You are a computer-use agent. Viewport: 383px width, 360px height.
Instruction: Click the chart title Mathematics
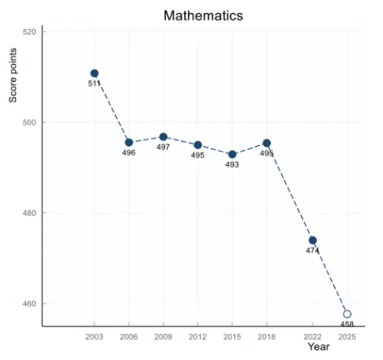pyautogui.click(x=203, y=16)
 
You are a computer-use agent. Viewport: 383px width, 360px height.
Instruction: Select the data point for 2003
pyautogui.click(x=95, y=73)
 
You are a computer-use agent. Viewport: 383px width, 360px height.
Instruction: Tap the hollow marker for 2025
pyautogui.click(x=347, y=314)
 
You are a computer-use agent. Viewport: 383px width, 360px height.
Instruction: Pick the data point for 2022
pyautogui.click(x=313, y=241)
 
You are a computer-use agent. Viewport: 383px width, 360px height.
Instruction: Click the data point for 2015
pyautogui.click(x=232, y=154)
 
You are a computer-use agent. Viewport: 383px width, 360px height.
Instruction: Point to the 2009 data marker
pyautogui.click(x=163, y=137)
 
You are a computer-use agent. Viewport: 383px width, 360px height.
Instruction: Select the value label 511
pyautogui.click(x=94, y=83)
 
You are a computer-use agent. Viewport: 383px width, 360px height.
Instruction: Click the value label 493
pyautogui.click(x=232, y=164)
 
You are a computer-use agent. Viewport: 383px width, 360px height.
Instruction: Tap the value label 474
pyautogui.click(x=313, y=251)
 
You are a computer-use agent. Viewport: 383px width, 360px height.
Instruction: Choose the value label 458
pyautogui.click(x=347, y=324)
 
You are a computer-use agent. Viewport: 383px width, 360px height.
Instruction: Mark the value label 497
pyautogui.click(x=163, y=147)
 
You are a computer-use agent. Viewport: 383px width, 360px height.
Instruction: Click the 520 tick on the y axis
pyautogui.click(x=29, y=32)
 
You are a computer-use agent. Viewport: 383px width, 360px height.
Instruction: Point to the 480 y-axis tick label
pyautogui.click(x=29, y=213)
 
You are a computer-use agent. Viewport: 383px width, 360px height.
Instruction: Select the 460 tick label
pyautogui.click(x=29, y=304)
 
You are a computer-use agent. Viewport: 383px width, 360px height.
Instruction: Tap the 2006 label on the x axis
pyautogui.click(x=128, y=337)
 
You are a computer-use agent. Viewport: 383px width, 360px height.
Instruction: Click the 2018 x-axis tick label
pyautogui.click(x=267, y=337)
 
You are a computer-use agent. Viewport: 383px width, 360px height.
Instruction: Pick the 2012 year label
pyautogui.click(x=197, y=337)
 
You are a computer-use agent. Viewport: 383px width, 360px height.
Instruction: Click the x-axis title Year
pyautogui.click(x=319, y=347)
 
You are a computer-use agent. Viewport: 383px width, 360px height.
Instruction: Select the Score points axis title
pyautogui.click(x=12, y=75)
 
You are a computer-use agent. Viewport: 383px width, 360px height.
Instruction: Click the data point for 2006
pyautogui.click(x=128, y=143)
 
